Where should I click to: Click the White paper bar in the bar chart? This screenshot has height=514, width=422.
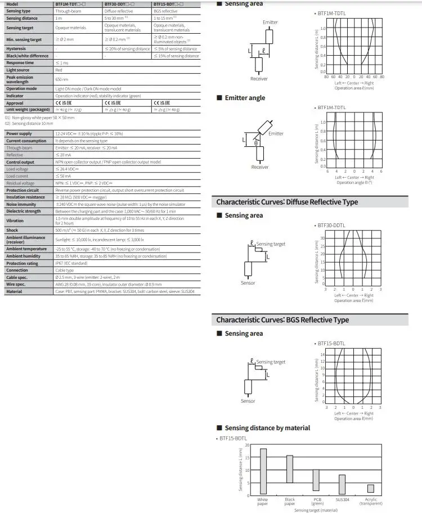(263, 471)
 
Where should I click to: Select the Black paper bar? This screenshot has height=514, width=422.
(290, 475)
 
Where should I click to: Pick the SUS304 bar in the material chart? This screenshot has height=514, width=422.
(342, 485)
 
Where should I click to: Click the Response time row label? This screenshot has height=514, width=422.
(20, 62)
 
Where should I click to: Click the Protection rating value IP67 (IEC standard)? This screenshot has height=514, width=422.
(71, 263)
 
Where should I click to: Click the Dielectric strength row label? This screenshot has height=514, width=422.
(23, 211)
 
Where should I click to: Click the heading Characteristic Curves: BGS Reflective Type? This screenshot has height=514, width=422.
(282, 320)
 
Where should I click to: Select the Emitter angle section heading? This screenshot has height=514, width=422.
(245, 98)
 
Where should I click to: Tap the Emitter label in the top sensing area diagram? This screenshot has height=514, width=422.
(270, 22)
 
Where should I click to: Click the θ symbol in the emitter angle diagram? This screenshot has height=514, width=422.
(256, 143)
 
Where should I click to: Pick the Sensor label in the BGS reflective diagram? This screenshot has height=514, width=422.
(248, 401)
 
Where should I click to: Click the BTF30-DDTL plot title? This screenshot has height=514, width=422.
(331, 226)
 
